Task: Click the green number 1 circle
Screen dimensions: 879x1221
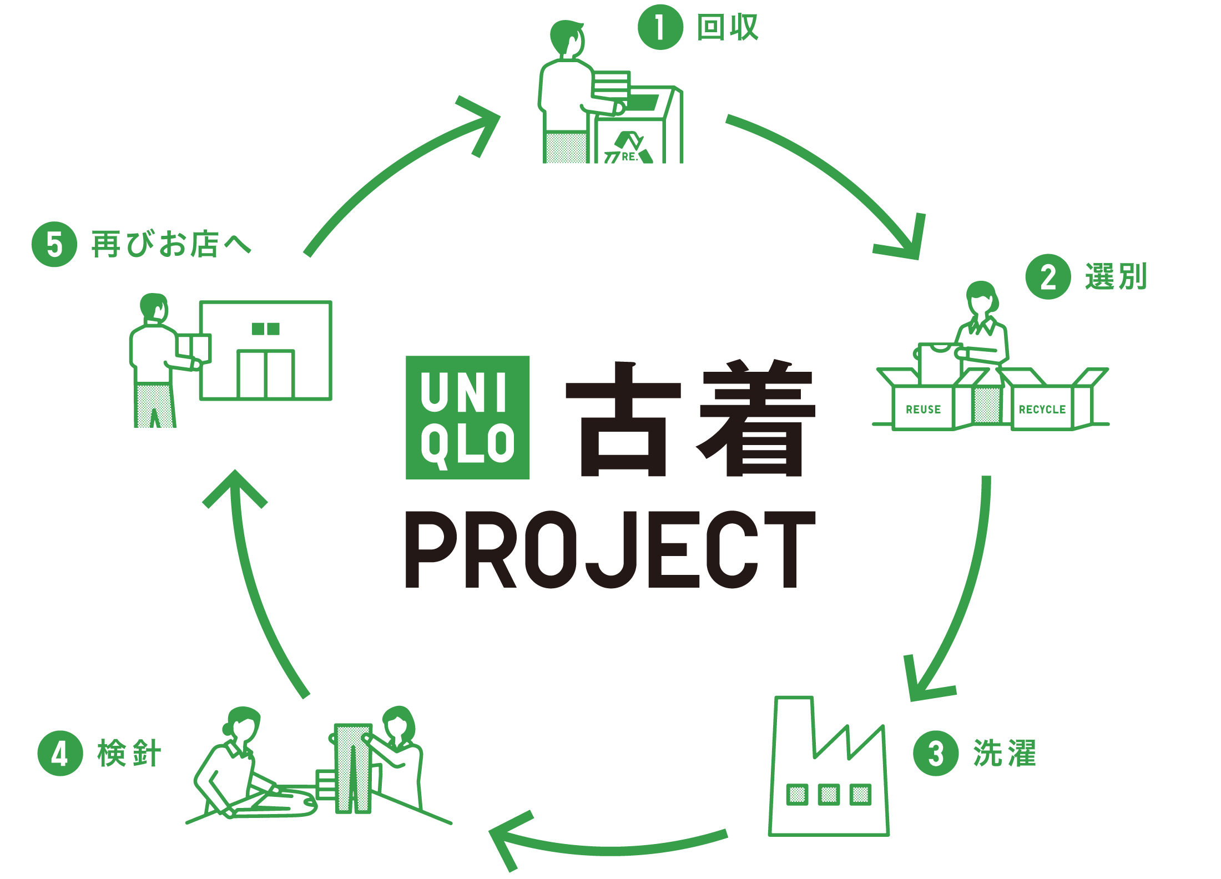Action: click(x=660, y=27)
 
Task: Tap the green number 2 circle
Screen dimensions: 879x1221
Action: click(x=1048, y=277)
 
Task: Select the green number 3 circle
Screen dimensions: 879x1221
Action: click(x=936, y=753)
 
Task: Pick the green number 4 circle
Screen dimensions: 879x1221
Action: click(x=60, y=753)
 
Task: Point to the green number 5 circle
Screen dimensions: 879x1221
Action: click(x=54, y=244)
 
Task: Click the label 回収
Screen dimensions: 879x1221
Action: click(x=728, y=27)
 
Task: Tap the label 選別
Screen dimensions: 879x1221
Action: click(x=1116, y=277)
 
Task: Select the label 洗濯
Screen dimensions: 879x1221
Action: click(x=1005, y=753)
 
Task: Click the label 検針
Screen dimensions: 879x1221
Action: click(x=129, y=753)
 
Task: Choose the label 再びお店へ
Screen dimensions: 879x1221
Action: click(x=171, y=244)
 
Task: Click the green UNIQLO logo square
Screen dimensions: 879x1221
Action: click(x=467, y=417)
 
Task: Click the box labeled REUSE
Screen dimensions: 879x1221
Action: click(x=923, y=410)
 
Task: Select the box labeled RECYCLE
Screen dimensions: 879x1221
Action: click(x=1042, y=410)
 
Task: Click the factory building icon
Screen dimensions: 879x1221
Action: click(x=828, y=777)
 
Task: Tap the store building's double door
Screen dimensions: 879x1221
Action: click(x=266, y=374)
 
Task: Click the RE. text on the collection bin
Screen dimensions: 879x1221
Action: click(x=629, y=157)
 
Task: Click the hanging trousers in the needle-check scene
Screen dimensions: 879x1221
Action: click(x=353, y=769)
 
